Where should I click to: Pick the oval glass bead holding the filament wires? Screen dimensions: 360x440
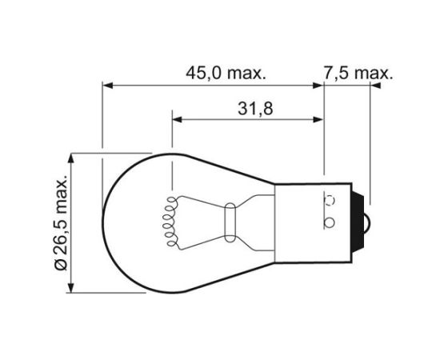pyautogui.click(x=230, y=219)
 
